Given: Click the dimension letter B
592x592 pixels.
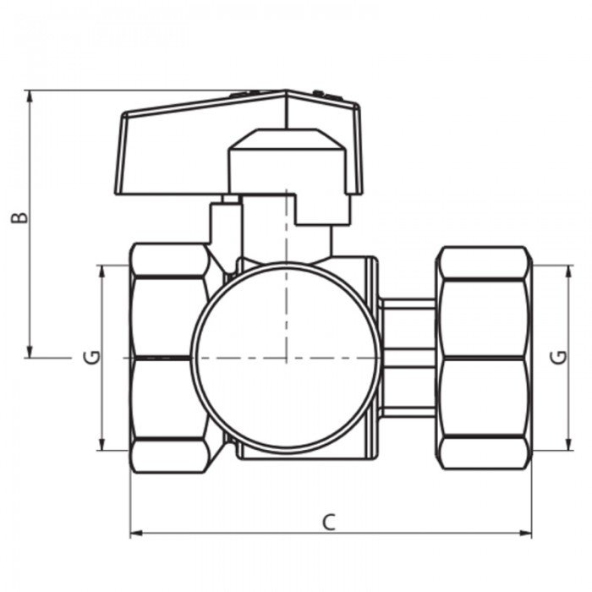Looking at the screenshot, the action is [19, 218].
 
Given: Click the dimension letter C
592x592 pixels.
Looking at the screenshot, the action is [329, 522].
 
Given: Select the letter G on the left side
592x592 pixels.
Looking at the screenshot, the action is [91, 357].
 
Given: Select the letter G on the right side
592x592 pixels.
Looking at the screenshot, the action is [559, 357].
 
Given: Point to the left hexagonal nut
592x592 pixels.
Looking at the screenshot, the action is [170, 358].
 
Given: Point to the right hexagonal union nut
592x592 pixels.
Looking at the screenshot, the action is [484, 358].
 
